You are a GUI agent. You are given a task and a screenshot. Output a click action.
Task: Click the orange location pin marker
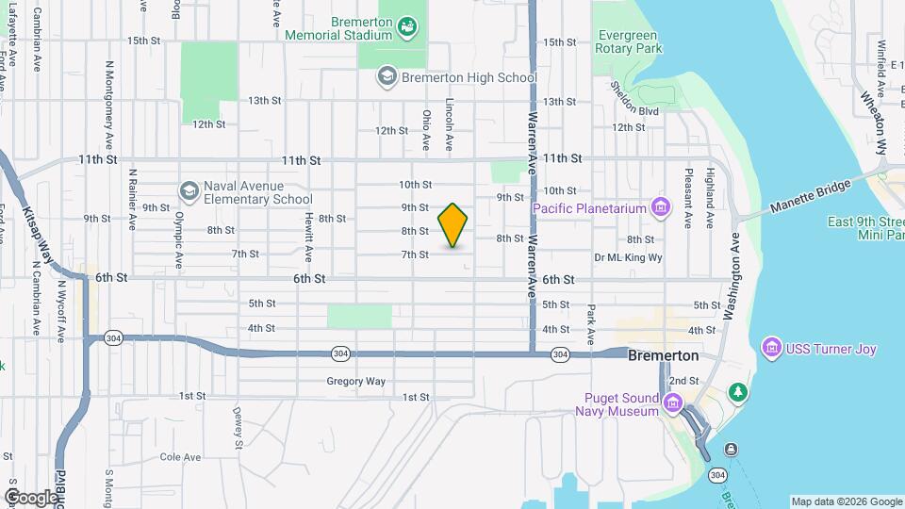[452, 226]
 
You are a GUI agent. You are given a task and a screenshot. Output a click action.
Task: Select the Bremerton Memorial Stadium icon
[407, 26]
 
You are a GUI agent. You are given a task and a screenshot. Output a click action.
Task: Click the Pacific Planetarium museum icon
[661, 207]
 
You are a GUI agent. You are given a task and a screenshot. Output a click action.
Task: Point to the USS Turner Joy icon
[773, 349]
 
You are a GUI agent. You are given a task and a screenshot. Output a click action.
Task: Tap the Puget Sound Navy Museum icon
[672, 404]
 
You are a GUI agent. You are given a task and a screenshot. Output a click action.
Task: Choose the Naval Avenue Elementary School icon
[189, 191]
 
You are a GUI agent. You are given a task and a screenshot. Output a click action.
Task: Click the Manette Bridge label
[801, 199]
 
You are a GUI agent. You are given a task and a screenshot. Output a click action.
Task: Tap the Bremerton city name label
[664, 355]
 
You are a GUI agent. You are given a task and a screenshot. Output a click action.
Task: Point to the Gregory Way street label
[356, 382]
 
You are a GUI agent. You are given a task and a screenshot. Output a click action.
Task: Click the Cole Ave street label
[180, 457]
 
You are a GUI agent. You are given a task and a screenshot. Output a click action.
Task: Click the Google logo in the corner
[31, 497]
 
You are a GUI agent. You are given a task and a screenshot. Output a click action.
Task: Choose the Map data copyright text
[846, 501]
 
